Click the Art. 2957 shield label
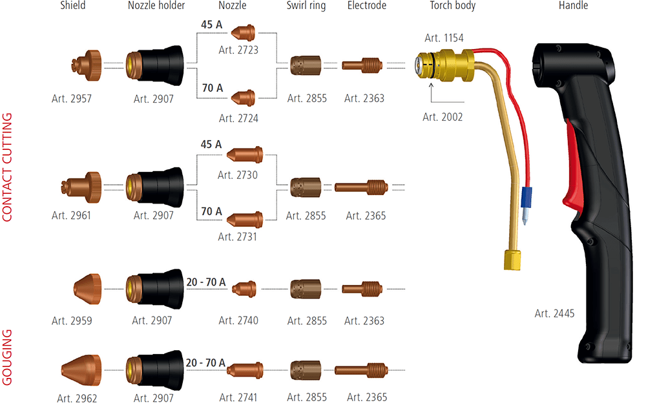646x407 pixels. pyautogui.click(x=72, y=99)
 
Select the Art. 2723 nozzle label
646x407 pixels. pyautogui.click(x=238, y=48)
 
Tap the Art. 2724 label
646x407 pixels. pyautogui.click(x=238, y=118)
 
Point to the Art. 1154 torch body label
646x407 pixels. pyautogui.click(x=444, y=39)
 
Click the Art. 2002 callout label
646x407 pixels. pyautogui.click(x=443, y=117)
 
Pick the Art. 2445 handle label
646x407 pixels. pyautogui.click(x=555, y=313)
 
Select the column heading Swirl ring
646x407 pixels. pyautogui.click(x=306, y=6)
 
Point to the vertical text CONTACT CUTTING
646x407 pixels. pyautogui.click(x=8, y=167)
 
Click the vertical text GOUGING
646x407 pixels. pyautogui.click(x=8, y=357)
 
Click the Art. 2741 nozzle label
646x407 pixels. pyautogui.click(x=238, y=397)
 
